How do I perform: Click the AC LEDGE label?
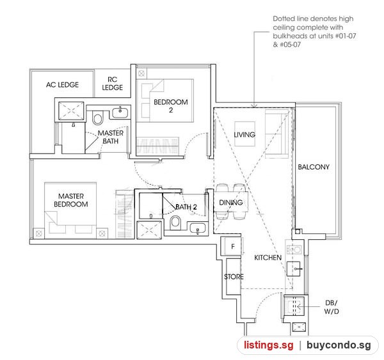tap(63, 85)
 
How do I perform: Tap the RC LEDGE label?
tap(113, 84)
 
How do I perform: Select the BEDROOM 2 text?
tap(171, 106)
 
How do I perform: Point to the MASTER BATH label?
tap(111, 137)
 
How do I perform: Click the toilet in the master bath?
tap(97, 118)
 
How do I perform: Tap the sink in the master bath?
tap(120, 113)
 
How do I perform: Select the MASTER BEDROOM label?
tap(71, 200)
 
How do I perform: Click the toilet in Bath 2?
tap(175, 223)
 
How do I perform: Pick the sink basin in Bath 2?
tap(198, 228)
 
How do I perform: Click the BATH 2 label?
tap(186, 207)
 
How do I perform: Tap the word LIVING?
tap(244, 135)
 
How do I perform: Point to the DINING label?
tap(230, 203)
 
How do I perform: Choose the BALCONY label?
tap(314, 167)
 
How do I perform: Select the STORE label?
tap(234, 277)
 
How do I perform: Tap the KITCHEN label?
tap(268, 258)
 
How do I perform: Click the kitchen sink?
tap(294, 269)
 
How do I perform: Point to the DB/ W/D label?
tap(332, 307)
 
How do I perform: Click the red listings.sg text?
tap(268, 345)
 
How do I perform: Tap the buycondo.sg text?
tap(339, 345)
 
